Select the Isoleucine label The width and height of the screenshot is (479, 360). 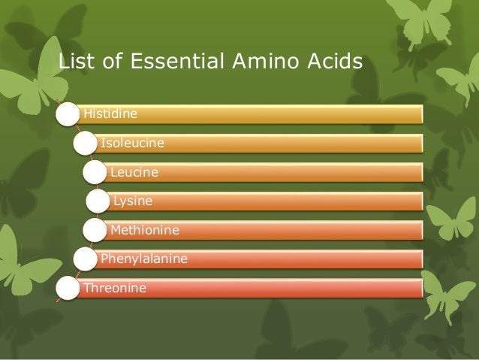tap(133, 143)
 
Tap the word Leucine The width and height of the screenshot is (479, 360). tap(134, 172)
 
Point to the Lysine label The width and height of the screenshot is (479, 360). tap(132, 201)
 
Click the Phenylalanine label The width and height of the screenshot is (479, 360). tap(143, 259)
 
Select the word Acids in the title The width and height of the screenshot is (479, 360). tap(334, 61)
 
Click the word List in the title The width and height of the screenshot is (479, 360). tap(74, 61)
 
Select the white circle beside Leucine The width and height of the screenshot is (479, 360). tap(95, 173)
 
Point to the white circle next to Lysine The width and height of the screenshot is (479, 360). tap(98, 202)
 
